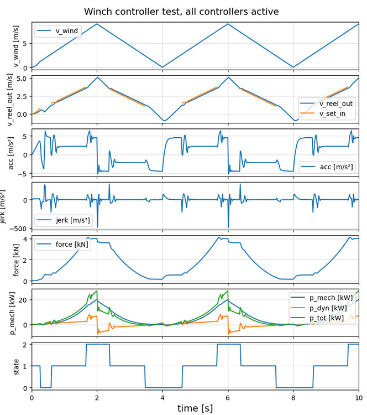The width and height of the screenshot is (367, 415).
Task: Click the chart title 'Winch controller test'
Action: pyautogui.click(x=189, y=12)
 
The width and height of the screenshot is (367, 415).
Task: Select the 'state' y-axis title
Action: pyautogui.click(x=16, y=366)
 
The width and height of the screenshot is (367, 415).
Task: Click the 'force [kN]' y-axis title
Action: pyautogui.click(x=16, y=260)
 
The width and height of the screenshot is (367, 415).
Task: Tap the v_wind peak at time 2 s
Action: pyautogui.click(x=97, y=24)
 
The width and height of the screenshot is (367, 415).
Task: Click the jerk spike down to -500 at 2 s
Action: pyautogui.click(x=97, y=226)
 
